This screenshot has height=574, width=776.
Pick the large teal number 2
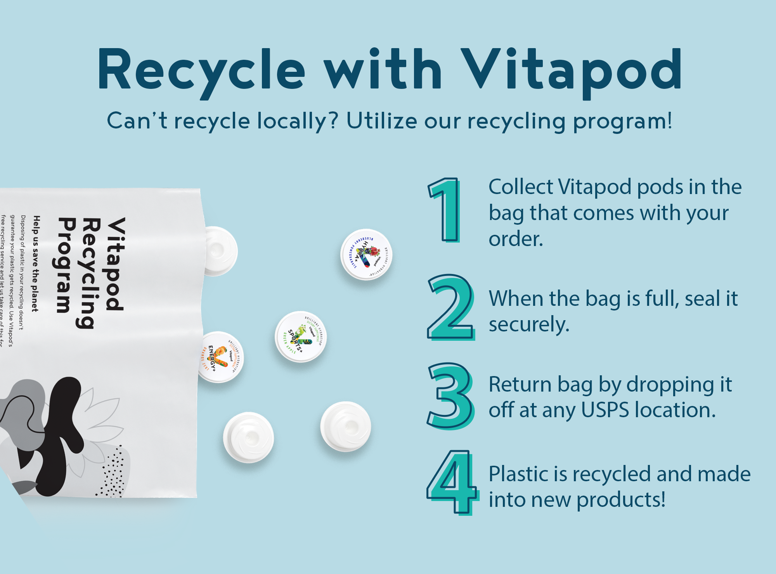[451, 307]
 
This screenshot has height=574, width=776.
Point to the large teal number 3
[451, 396]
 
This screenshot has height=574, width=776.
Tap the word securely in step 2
[529, 324]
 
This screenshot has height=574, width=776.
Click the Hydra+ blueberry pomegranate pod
[366, 255]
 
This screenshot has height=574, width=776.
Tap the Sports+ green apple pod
[301, 336]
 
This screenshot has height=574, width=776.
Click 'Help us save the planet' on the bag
[36, 264]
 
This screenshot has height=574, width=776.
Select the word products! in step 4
[621, 499]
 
